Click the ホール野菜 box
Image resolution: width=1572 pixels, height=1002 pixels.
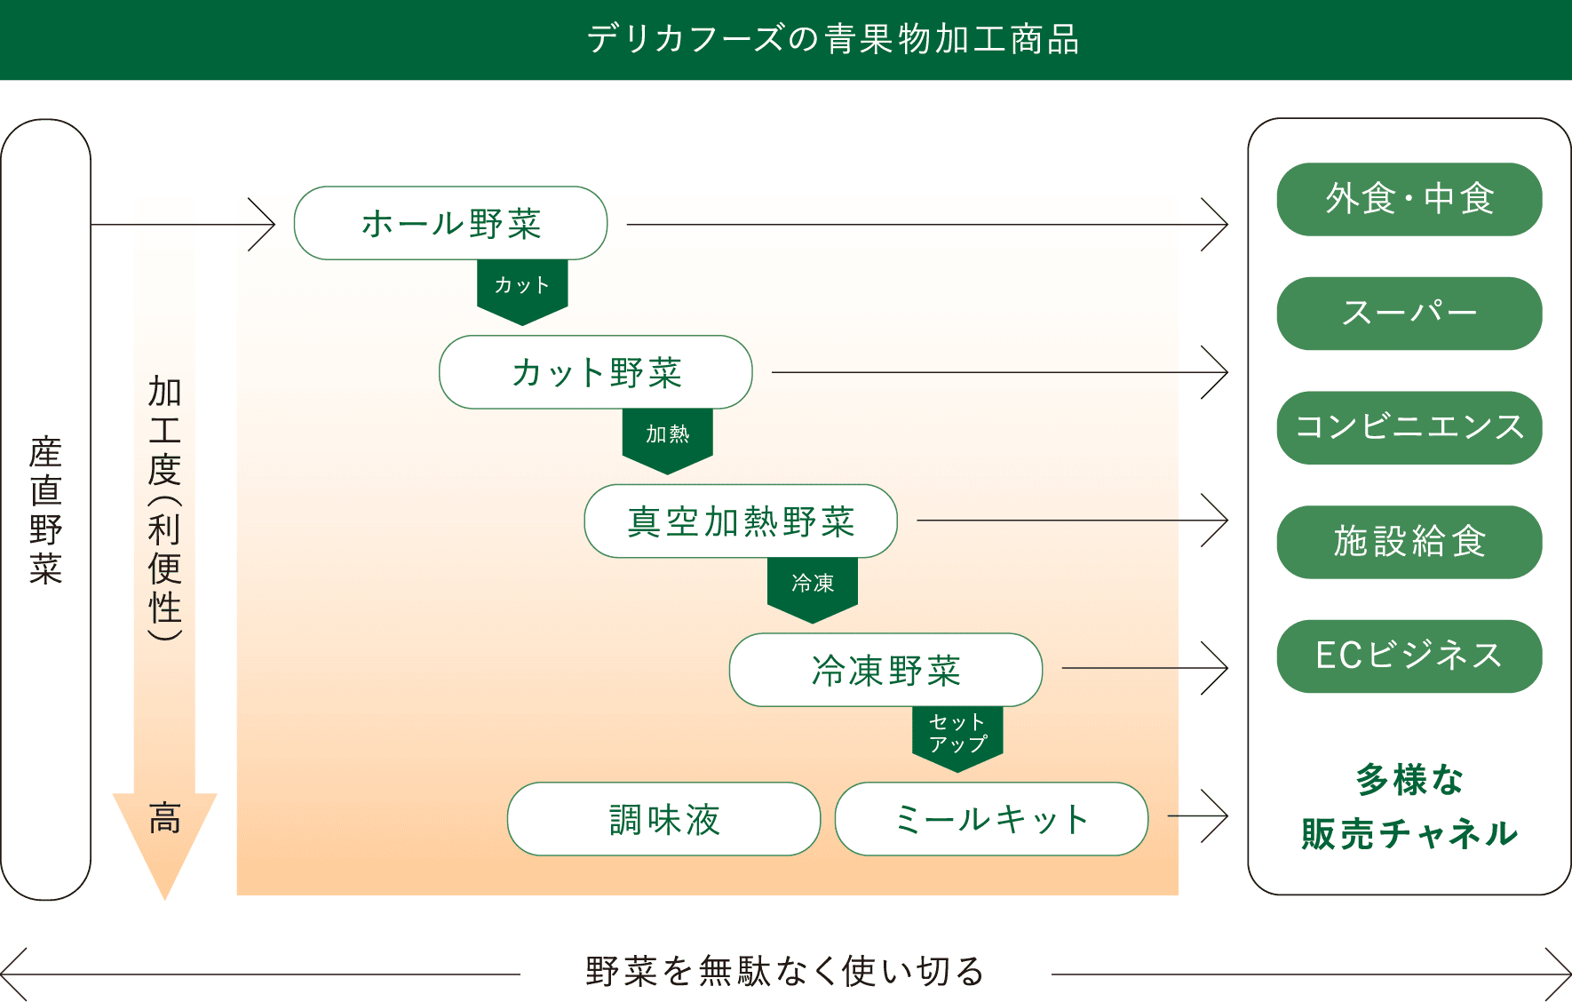[x=450, y=223]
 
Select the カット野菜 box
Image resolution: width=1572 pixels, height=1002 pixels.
[x=595, y=372]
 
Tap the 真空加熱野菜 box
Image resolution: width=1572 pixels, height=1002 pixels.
[x=741, y=521]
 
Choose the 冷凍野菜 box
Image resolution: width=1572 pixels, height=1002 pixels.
[x=885, y=670]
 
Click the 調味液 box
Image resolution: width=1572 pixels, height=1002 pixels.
[x=663, y=819]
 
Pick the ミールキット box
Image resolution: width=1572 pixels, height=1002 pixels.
[x=991, y=819]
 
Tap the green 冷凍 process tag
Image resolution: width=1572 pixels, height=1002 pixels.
[x=813, y=585]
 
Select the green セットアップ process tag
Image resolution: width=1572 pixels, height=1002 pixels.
[x=957, y=735]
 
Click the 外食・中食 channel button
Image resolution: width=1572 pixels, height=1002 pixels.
[x=1409, y=199]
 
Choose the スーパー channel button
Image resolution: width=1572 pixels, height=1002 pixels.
[x=1409, y=314]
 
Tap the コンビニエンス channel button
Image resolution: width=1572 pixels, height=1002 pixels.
[x=1409, y=427]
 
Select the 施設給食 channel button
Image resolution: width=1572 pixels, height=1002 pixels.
[x=1409, y=542]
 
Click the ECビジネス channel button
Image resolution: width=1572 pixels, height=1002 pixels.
[x=1409, y=656]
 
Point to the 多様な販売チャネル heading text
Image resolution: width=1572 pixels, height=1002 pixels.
[x=1409, y=807]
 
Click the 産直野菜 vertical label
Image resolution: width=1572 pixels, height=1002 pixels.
[x=46, y=510]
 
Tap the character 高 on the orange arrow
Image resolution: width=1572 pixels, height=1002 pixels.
[x=165, y=818]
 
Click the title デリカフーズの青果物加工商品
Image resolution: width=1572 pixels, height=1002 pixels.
[x=833, y=40]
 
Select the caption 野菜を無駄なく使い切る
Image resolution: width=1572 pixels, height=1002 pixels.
[x=785, y=972]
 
